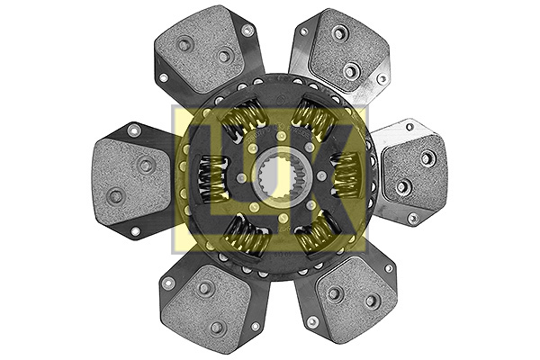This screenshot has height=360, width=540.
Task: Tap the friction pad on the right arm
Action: point(415,171)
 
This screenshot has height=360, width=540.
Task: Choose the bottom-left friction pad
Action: point(207,303)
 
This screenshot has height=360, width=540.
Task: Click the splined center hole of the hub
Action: point(274,177)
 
